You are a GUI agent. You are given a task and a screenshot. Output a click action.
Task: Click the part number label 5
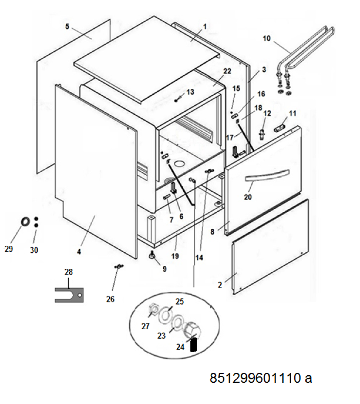[x=67, y=26]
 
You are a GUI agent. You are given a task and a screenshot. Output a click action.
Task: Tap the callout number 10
[x=267, y=38]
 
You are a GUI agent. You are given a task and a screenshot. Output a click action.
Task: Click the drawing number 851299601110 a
[x=261, y=378]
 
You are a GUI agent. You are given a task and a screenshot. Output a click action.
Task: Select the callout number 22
[x=227, y=71]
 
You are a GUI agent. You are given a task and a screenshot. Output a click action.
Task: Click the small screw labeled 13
[x=178, y=100]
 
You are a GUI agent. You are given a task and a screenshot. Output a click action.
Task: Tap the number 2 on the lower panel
[x=220, y=285]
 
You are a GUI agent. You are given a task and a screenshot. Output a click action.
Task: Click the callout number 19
[x=175, y=256]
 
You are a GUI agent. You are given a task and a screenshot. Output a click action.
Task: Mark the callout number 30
[x=34, y=250]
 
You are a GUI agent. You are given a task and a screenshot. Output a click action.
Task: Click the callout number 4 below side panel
[x=79, y=252]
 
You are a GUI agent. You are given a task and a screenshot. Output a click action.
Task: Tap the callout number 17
[x=230, y=137]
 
